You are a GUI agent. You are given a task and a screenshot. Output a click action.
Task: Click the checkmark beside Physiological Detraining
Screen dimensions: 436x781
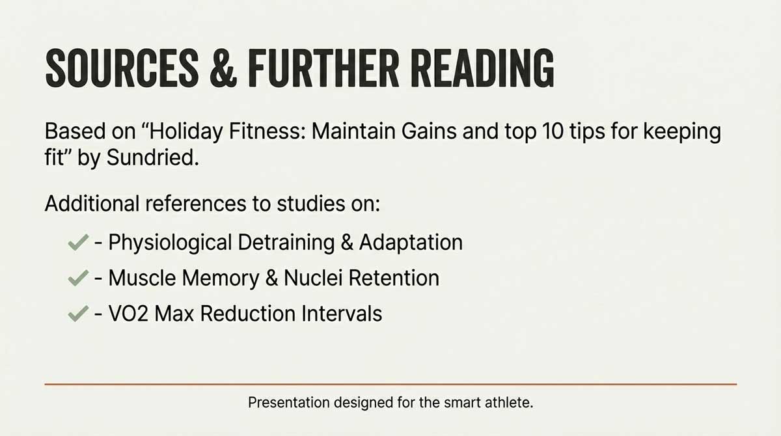(77, 243)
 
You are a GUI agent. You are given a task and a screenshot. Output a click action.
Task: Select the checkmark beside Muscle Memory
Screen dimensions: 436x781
(77, 279)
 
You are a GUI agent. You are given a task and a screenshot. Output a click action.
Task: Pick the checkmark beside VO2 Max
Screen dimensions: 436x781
(77, 314)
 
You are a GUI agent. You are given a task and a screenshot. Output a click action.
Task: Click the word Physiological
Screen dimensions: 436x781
(171, 243)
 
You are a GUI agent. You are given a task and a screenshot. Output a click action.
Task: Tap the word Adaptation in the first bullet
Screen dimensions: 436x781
(411, 243)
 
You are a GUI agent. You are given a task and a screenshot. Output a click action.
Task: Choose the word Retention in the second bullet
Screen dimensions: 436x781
(394, 279)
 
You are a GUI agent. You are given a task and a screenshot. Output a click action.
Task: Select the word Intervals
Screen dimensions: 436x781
(342, 314)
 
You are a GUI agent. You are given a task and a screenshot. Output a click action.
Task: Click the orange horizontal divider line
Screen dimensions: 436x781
(390, 384)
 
